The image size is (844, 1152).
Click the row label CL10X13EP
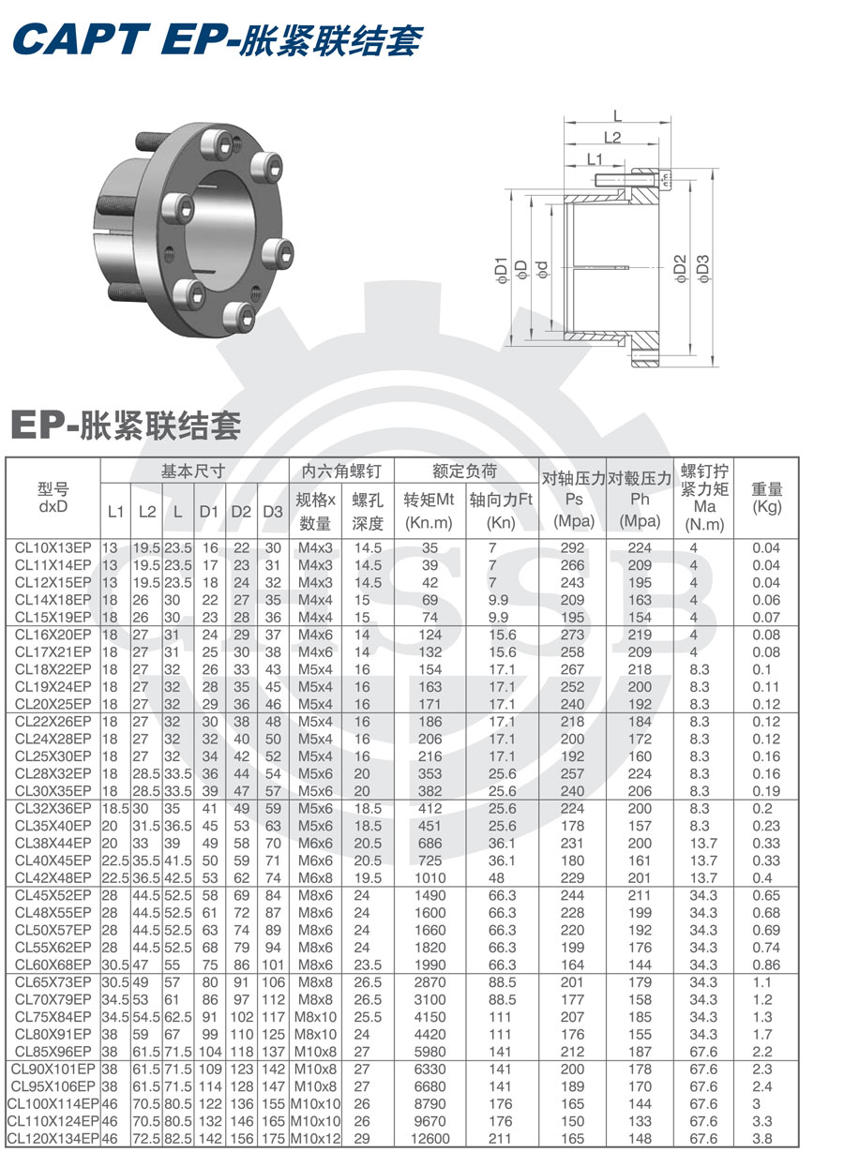(x=53, y=547)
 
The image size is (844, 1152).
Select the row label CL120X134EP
(x=53, y=1138)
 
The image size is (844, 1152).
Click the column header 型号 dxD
(x=53, y=498)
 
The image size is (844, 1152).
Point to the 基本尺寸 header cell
(x=193, y=471)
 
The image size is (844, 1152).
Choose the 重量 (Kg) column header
(x=767, y=498)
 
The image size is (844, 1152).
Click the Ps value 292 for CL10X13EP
(x=572, y=547)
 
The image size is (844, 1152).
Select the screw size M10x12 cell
(x=315, y=1138)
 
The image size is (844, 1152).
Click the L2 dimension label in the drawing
(x=612, y=138)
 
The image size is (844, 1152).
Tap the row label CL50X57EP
(x=53, y=930)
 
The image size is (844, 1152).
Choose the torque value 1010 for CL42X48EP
(x=430, y=877)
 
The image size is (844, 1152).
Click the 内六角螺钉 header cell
(x=341, y=471)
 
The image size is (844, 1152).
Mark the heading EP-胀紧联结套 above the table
(x=126, y=426)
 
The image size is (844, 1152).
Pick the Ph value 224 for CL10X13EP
(x=640, y=547)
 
